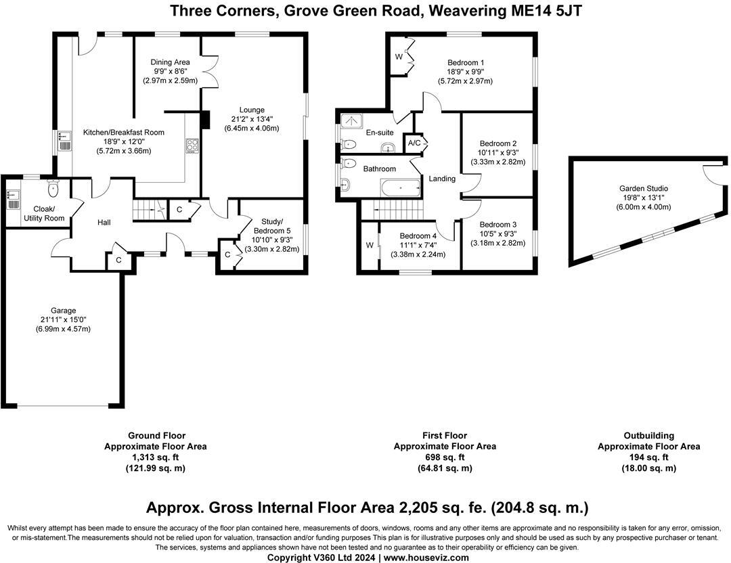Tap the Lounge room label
(251, 110)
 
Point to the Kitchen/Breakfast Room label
(123, 133)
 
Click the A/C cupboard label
(414, 143)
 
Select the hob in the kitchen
(192, 145)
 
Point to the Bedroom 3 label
(497, 225)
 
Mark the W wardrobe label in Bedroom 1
(399, 57)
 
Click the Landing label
(442, 179)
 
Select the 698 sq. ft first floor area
(445, 457)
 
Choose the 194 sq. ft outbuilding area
(648, 457)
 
